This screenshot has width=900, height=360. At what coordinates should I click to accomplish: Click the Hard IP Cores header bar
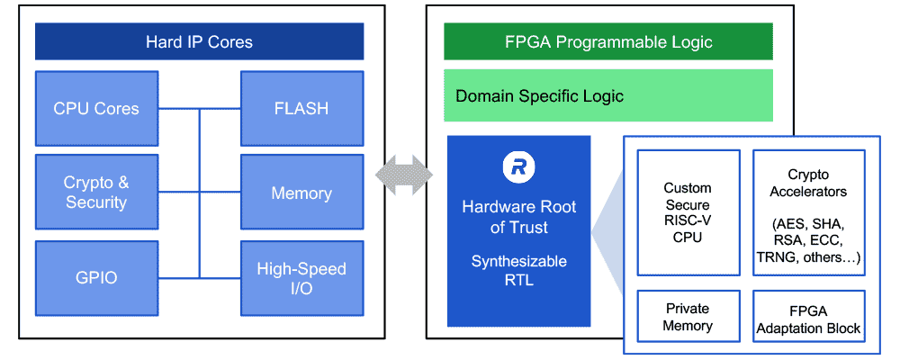[x=199, y=41]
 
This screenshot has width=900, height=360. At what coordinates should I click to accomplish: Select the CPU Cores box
[x=96, y=108]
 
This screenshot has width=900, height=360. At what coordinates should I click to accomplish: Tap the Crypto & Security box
[x=96, y=193]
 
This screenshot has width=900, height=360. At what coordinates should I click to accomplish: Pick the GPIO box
[x=96, y=277]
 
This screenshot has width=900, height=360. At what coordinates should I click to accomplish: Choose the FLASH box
[x=301, y=108]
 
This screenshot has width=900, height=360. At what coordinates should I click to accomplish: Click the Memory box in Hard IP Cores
[x=301, y=193]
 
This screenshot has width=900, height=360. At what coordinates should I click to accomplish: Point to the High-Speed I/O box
[x=301, y=277]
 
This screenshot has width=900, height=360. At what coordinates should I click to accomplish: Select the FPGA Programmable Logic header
[x=608, y=41]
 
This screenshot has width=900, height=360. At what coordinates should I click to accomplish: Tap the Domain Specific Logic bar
[x=608, y=95]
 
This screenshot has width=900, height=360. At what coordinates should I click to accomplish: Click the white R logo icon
[x=518, y=167]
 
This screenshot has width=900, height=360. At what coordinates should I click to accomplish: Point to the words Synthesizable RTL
[x=519, y=271]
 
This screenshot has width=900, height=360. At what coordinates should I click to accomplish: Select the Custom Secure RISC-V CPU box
[x=688, y=212]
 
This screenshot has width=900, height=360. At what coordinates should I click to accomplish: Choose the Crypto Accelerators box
[x=808, y=212]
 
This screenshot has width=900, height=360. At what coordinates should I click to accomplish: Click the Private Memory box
[x=688, y=317]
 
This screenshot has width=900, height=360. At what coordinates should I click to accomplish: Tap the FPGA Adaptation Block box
[x=808, y=317]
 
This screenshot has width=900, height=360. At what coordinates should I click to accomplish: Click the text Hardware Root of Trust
[x=519, y=217]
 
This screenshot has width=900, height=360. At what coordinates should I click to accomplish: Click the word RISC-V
[x=688, y=221]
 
